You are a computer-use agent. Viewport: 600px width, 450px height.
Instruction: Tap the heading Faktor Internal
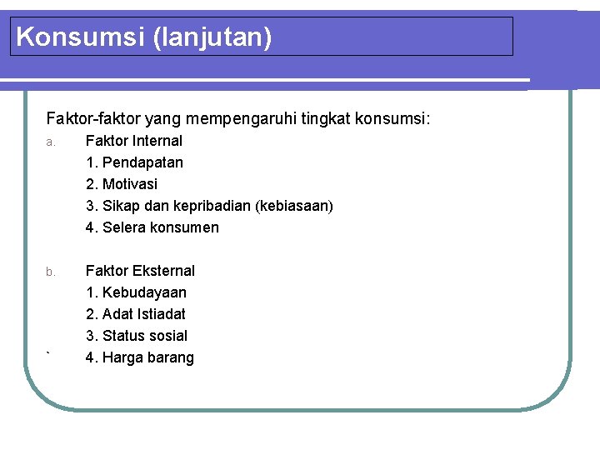(x=134, y=141)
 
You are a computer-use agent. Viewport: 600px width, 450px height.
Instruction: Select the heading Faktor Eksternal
(x=140, y=271)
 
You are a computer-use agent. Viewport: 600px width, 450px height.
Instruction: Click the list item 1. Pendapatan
(x=134, y=162)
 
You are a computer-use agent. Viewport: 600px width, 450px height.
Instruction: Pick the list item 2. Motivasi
(x=122, y=184)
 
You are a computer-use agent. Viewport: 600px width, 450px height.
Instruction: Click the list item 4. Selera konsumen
(x=152, y=227)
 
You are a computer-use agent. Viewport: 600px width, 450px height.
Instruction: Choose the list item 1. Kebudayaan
(x=136, y=292)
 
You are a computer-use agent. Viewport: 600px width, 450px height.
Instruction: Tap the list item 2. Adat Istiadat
(x=136, y=314)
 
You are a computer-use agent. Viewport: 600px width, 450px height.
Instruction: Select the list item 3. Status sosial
(x=137, y=336)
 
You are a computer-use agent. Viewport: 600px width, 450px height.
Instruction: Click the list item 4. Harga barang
(x=140, y=357)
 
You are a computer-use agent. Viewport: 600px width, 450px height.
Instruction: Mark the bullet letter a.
(x=51, y=142)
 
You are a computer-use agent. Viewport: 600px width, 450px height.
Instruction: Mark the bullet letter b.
(x=51, y=272)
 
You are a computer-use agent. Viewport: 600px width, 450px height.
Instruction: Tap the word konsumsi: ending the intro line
(x=393, y=119)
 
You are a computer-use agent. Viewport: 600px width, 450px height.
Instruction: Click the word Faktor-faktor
(x=91, y=119)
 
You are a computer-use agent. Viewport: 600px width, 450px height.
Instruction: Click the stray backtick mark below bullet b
(x=49, y=355)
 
